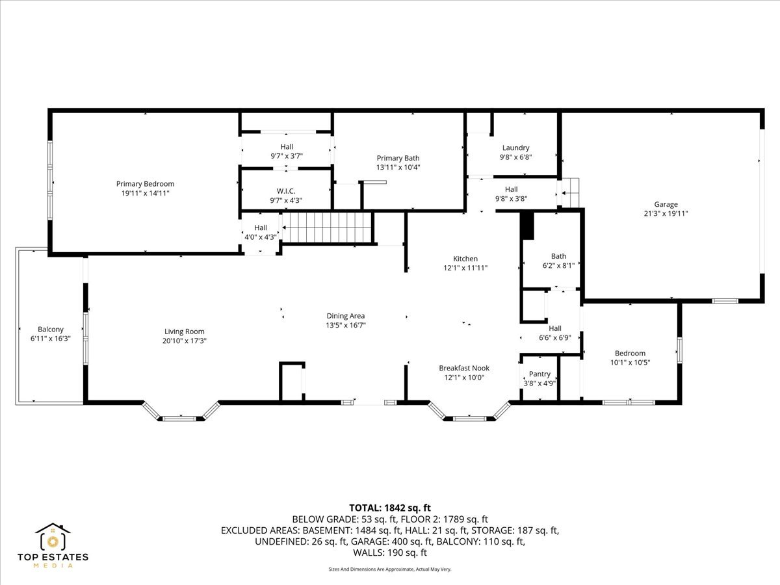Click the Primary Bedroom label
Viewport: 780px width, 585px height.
pyautogui.click(x=145, y=184)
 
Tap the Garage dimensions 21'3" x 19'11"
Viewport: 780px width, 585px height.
pyautogui.click(x=666, y=214)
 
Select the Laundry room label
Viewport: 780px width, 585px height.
pyautogui.click(x=515, y=148)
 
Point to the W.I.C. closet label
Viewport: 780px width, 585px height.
pyautogui.click(x=286, y=191)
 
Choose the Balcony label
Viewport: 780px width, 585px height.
pyautogui.click(x=51, y=330)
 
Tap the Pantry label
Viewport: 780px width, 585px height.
pyautogui.click(x=539, y=374)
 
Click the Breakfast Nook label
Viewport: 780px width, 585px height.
pyautogui.click(x=464, y=368)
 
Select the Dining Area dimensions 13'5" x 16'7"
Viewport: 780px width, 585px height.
pyautogui.click(x=345, y=325)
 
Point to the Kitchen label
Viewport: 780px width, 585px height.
pyautogui.click(x=465, y=259)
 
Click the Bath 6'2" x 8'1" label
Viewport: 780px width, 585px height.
pyautogui.click(x=558, y=256)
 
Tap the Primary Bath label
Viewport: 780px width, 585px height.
pyautogui.click(x=398, y=158)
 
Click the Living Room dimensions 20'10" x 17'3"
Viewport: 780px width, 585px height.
pyautogui.click(x=185, y=341)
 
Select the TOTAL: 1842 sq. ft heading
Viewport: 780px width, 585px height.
pyautogui.click(x=390, y=508)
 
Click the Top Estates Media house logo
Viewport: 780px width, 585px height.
pyautogui.click(x=53, y=538)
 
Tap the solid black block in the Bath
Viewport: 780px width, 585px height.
pyautogui.click(x=527, y=225)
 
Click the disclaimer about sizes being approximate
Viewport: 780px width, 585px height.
pyautogui.click(x=390, y=569)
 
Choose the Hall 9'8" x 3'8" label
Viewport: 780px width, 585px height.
pyautogui.click(x=511, y=190)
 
